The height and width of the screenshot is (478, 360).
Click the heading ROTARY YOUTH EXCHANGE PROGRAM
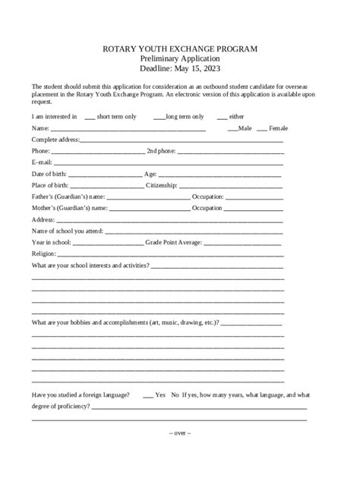pyautogui.click(x=180, y=49)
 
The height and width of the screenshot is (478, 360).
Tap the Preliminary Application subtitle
pyautogui.click(x=180, y=58)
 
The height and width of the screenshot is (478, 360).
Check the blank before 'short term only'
pyautogui.click(x=90, y=118)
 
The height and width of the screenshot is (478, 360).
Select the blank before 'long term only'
pyautogui.click(x=159, y=118)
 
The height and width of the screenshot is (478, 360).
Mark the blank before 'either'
pyautogui.click(x=222, y=118)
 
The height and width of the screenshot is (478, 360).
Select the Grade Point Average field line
pyautogui.click(x=242, y=243)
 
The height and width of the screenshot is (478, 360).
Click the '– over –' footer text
pyautogui.click(x=180, y=433)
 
